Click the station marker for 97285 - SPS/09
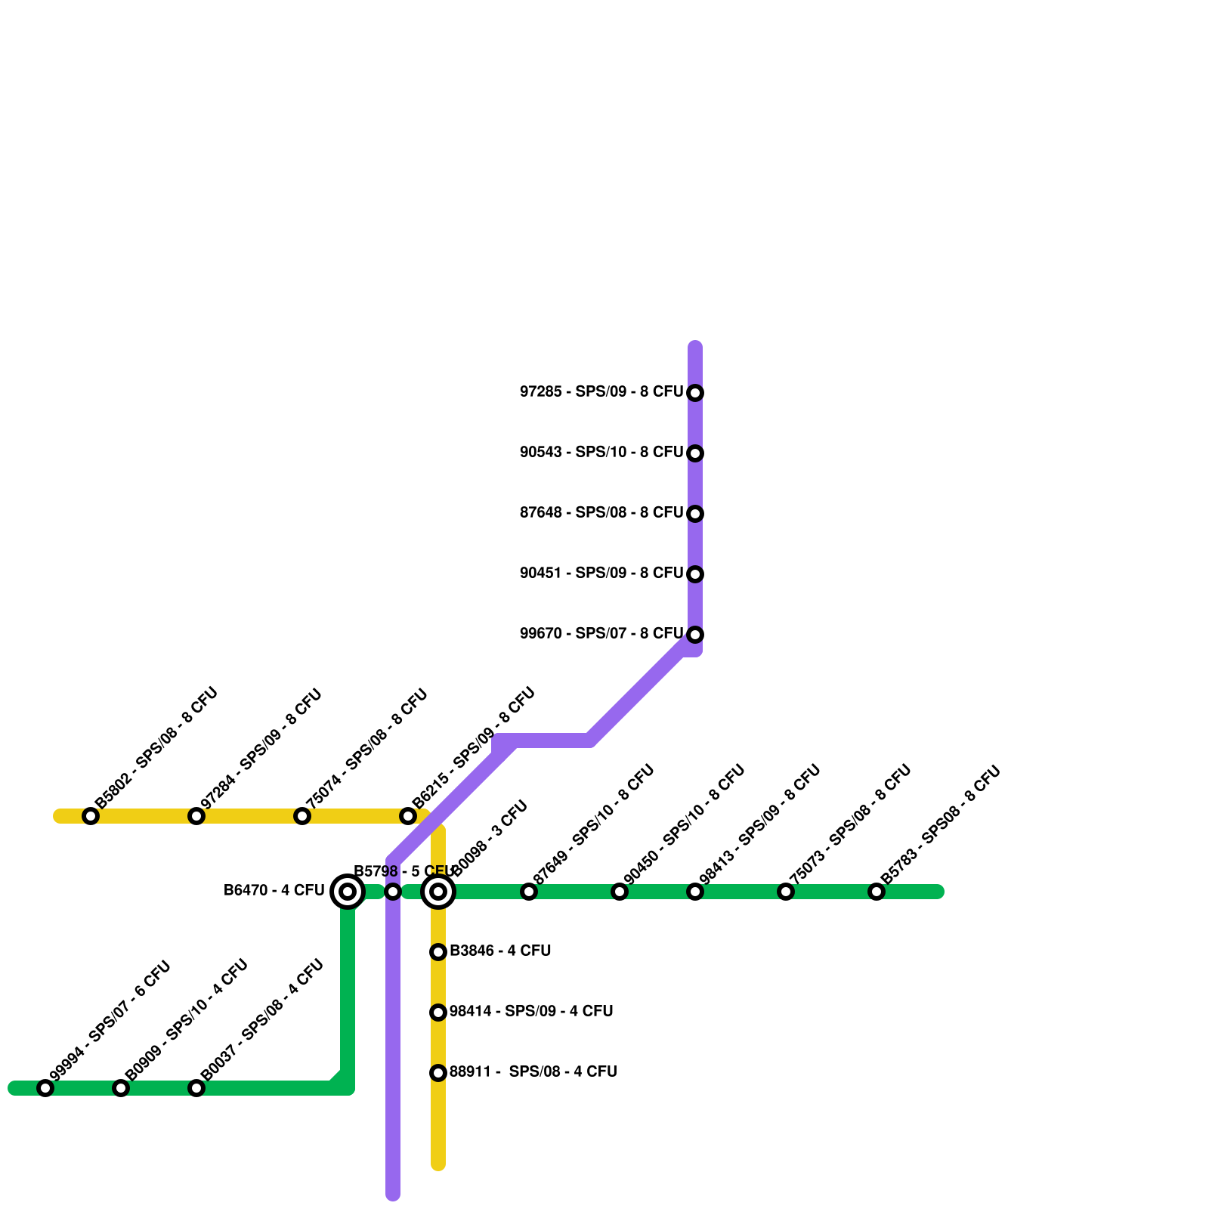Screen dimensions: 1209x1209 (695, 393)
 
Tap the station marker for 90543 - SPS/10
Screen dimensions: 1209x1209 (695, 453)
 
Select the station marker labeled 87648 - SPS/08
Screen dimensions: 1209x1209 (695, 514)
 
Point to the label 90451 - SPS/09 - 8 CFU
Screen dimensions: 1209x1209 (601, 574)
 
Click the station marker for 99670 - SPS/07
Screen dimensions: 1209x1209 (695, 635)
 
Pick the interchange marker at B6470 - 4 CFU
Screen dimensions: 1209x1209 (348, 892)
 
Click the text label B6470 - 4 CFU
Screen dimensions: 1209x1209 (274, 891)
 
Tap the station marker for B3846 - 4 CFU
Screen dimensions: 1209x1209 (438, 952)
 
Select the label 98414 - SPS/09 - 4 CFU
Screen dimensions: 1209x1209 (530, 1012)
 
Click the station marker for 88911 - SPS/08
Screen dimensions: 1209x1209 (438, 1073)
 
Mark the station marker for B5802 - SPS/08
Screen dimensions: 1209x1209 (91, 816)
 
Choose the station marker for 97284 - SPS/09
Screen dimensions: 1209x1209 (196, 816)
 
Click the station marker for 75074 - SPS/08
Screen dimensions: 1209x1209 (302, 816)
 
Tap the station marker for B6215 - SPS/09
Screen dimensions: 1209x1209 (408, 816)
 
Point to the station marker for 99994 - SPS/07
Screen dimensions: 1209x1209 (45, 1088)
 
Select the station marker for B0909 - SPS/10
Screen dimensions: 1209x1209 (121, 1088)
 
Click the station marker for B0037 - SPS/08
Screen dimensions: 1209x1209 (196, 1088)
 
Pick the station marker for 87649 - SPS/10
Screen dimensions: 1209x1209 (529, 892)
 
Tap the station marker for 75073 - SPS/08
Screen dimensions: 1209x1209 (786, 892)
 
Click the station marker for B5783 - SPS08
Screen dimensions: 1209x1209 (877, 892)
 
